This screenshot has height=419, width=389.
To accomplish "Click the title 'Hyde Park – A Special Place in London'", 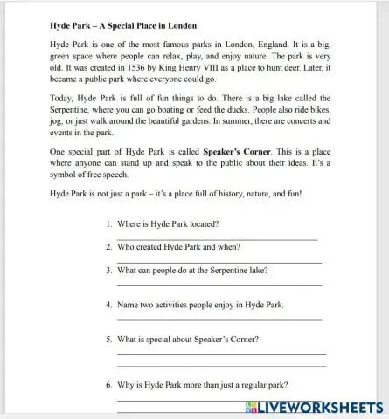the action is pyautogui.click(x=123, y=26).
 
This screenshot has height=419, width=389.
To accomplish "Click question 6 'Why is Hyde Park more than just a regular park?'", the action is pyautogui.click(x=202, y=384).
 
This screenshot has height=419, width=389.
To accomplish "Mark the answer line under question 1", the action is pyautogui.click(x=217, y=239).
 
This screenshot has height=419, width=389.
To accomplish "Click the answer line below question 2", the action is pyautogui.click(x=219, y=262).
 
